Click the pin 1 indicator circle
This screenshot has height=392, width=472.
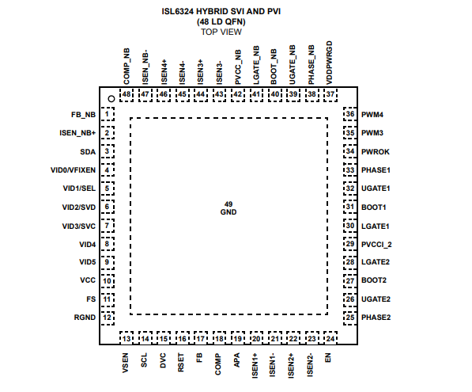[111, 99]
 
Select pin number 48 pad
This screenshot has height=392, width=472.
[126, 95]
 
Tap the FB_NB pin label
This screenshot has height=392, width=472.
[83, 115]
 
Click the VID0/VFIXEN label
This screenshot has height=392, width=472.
[73, 170]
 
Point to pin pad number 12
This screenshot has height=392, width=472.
[108, 318]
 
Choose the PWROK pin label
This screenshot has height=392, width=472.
[375, 152]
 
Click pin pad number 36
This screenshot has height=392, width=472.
[350, 114]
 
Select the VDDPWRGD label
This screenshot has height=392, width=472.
[330, 63]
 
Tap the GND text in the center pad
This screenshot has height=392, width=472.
[228, 212]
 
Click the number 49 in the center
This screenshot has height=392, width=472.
[228, 204]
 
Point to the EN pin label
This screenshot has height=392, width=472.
[328, 358]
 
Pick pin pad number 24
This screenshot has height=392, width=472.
[330, 338]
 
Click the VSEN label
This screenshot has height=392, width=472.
[126, 363]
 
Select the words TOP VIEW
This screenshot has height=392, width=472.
[221, 32]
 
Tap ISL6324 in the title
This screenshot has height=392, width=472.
[177, 11]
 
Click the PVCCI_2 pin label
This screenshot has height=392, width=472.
[376, 245]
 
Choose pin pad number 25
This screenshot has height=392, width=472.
[350, 318]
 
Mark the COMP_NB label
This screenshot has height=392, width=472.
[126, 67]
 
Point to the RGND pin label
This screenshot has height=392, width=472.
[85, 318]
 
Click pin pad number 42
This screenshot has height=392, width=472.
[238, 95]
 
